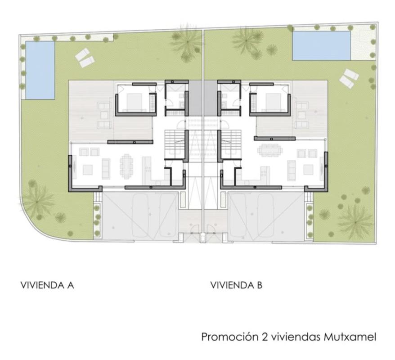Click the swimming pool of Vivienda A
(40, 70)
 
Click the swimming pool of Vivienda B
(321, 45)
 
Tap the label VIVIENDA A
(47, 285)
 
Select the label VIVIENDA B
(236, 285)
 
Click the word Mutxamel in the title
(350, 337)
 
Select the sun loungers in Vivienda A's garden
(85, 58)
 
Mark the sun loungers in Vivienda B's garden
(349, 78)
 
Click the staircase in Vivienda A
(175, 142)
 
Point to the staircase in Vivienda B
(231, 142)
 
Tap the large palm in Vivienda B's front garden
(355, 222)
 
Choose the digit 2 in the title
(265, 337)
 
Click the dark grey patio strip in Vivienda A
(196, 98)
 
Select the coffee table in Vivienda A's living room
(88, 170)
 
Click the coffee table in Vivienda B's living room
(308, 170)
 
